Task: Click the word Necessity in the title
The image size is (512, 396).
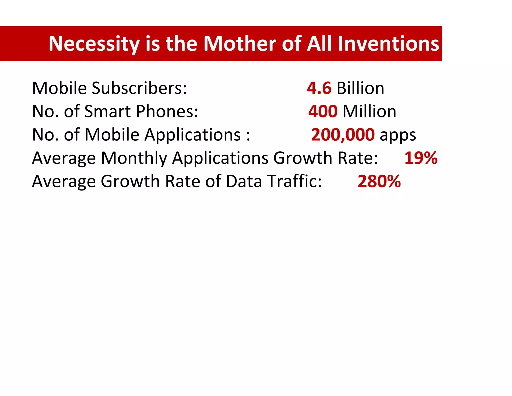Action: [x=94, y=44]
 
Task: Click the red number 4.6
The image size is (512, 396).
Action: [x=319, y=88]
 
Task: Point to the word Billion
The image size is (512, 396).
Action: [x=360, y=88]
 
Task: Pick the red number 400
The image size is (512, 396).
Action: [x=323, y=111]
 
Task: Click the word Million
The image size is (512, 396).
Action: [x=369, y=111]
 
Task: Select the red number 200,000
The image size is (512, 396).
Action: [x=343, y=135]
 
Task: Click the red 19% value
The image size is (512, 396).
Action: [x=421, y=158]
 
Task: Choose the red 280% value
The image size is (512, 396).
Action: [x=379, y=181]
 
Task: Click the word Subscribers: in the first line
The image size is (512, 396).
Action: [x=139, y=88]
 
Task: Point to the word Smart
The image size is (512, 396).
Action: [x=107, y=111]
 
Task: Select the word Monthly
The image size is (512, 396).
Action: [x=134, y=158]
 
